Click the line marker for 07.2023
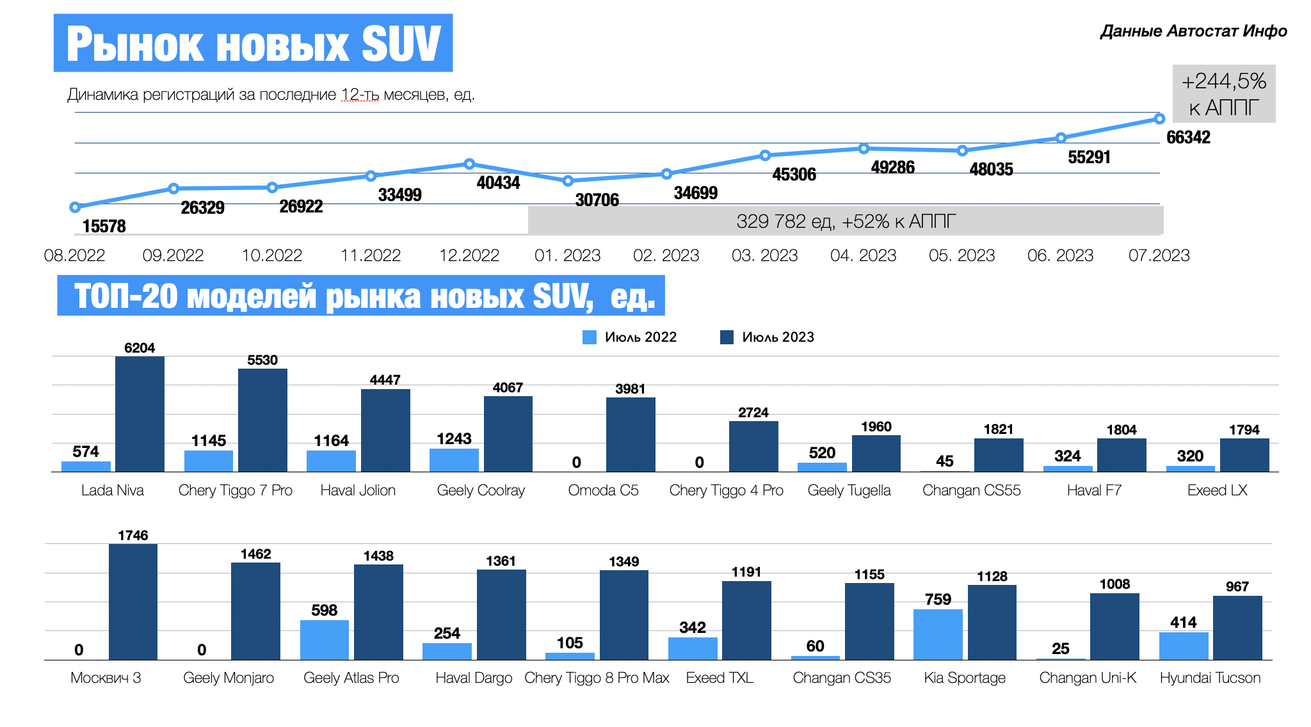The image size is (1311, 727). tap(1159, 118)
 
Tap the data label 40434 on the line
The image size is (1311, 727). tap(498, 183)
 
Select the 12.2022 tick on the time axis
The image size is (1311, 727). tap(469, 255)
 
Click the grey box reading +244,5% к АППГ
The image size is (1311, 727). tap(1223, 93)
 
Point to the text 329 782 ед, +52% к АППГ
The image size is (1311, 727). tap(846, 221)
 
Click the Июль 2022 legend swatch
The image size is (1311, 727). tap(590, 337)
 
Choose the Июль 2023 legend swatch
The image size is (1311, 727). tap(727, 337)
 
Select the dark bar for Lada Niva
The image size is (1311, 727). tap(140, 414)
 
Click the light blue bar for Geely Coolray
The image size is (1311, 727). tap(454, 460)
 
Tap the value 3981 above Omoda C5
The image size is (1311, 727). tap(630, 389)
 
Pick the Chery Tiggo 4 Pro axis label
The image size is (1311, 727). tap(726, 490)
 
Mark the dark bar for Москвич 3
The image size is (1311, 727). tap(133, 602)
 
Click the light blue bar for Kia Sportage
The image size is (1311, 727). tap(938, 634)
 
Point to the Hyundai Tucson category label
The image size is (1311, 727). tap(1210, 678)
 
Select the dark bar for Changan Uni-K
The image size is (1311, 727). tap(1114, 627)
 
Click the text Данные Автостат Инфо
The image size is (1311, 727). tap(1193, 31)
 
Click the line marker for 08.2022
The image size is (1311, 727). tap(75, 207)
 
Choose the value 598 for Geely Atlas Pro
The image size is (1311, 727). tap(324, 611)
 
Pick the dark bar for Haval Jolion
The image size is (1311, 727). tap(385, 430)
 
